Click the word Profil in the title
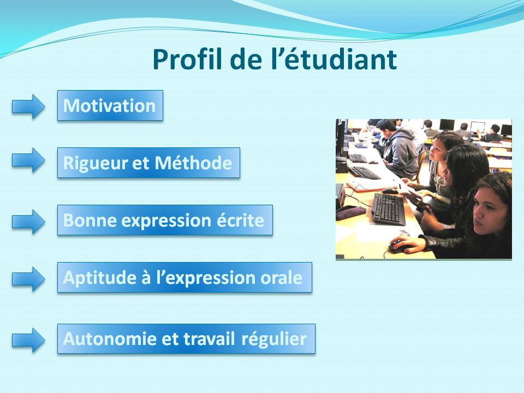[187, 59]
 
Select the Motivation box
[110, 105]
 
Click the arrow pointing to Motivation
[28, 106]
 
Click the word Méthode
[193, 163]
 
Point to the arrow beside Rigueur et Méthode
[28, 160]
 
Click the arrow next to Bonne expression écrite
[28, 222]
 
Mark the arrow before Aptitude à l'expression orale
[28, 279]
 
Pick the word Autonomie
[110, 339]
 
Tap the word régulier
[274, 340]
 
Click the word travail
[209, 339]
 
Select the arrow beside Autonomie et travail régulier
[28, 340]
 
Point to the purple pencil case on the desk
[350, 212]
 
